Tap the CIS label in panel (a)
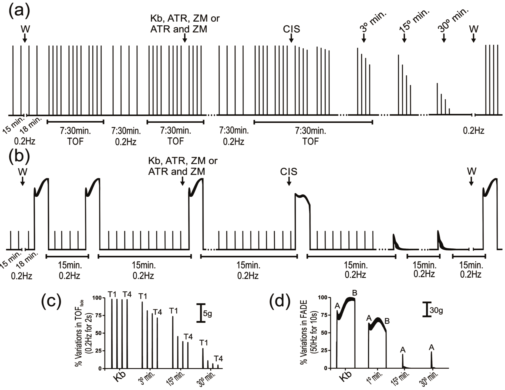pyautogui.click(x=291, y=29)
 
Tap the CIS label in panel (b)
pyautogui.click(x=289, y=172)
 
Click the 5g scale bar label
pyautogui.click(x=207, y=314)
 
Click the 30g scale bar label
pyautogui.click(x=436, y=311)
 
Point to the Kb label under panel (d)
pyautogui.click(x=345, y=376)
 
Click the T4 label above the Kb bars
pyautogui.click(x=127, y=294)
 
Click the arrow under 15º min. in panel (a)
pyautogui.click(x=404, y=39)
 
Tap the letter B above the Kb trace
pyautogui.click(x=355, y=293)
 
